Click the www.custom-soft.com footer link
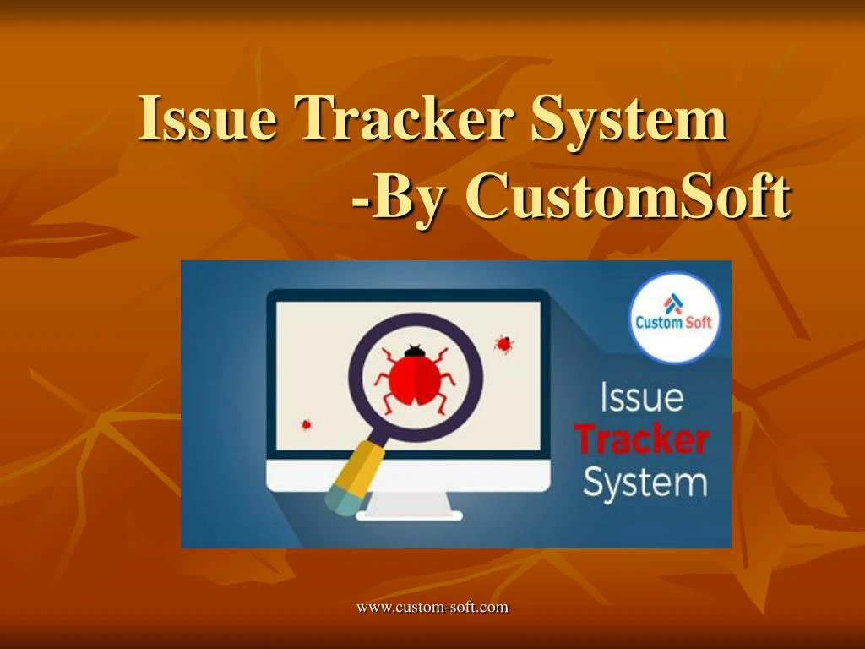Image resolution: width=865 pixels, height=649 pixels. point(432,606)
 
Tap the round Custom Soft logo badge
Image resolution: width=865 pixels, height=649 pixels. point(673,317)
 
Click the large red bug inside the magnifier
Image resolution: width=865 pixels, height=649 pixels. point(415,375)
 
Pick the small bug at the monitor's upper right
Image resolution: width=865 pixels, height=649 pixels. point(503,343)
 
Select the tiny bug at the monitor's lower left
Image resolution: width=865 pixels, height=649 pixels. point(306,424)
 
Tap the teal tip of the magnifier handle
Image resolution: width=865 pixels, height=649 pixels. point(337,500)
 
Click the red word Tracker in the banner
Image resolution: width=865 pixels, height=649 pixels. point(641,440)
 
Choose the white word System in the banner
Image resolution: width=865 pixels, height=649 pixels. point(645,483)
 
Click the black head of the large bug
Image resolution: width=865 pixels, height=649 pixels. point(414,349)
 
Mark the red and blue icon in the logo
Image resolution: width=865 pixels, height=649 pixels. point(673,302)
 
